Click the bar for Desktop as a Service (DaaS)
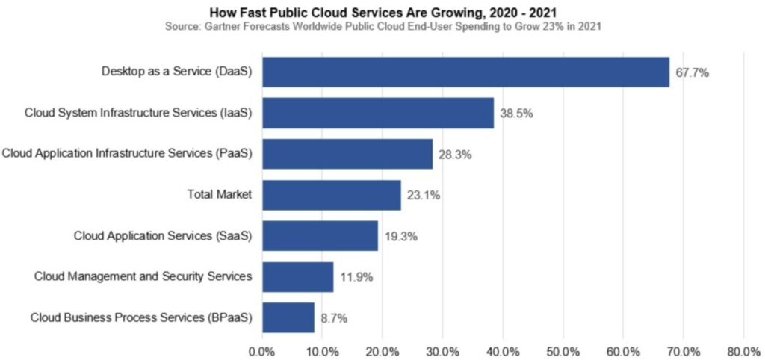[x=465, y=72]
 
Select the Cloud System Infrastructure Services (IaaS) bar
[x=378, y=114]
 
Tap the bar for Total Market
[x=332, y=195]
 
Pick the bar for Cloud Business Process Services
[x=288, y=317]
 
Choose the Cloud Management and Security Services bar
[x=298, y=277]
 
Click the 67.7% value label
[x=693, y=73]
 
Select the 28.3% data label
[x=456, y=155]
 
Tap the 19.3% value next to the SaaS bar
[x=401, y=236]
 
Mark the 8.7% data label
[x=334, y=318]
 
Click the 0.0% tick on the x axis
[x=262, y=350]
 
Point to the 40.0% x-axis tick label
[x=502, y=350]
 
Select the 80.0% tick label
[x=743, y=350]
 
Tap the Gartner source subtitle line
[x=386, y=26]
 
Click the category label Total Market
[x=219, y=195]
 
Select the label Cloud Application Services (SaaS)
[x=163, y=236]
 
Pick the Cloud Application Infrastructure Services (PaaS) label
[x=127, y=154]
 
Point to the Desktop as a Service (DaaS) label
[x=176, y=72]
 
